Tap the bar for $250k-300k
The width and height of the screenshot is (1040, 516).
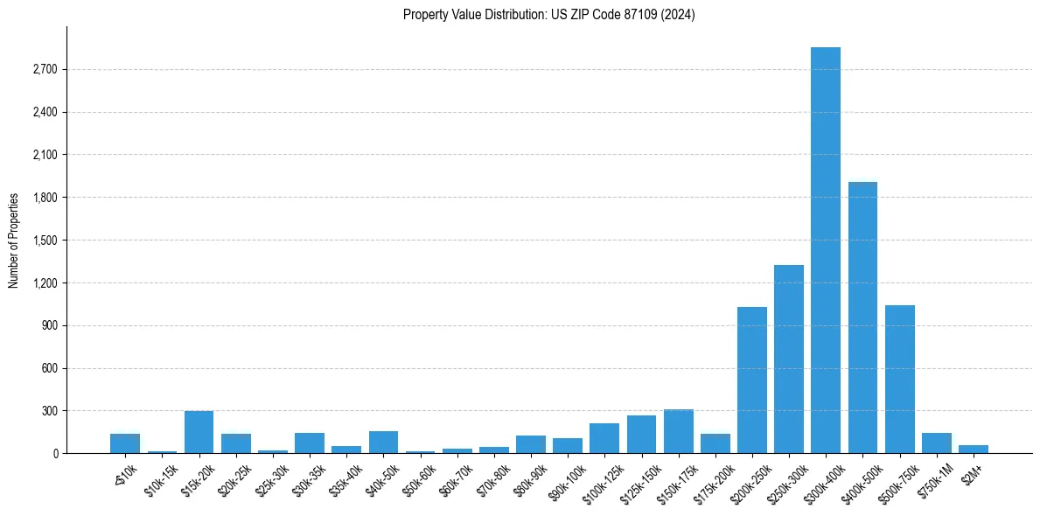click(x=788, y=359)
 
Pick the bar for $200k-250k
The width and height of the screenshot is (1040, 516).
click(x=751, y=380)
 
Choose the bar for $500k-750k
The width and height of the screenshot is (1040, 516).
click(x=899, y=379)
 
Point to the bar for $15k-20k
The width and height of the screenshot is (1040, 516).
click(x=199, y=432)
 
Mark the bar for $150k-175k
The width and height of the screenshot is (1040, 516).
click(x=678, y=431)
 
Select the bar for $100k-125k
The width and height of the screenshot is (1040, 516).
click(x=604, y=438)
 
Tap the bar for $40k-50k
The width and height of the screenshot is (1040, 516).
click(x=383, y=442)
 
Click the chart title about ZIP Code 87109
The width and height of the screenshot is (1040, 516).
click(x=548, y=15)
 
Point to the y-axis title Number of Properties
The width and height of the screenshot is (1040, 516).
click(x=14, y=241)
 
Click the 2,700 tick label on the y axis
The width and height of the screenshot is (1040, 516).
click(x=44, y=69)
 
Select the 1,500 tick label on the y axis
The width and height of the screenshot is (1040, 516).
click(x=44, y=241)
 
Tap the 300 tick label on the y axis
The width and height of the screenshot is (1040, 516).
click(x=49, y=411)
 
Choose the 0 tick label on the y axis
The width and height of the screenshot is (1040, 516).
click(x=54, y=454)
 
